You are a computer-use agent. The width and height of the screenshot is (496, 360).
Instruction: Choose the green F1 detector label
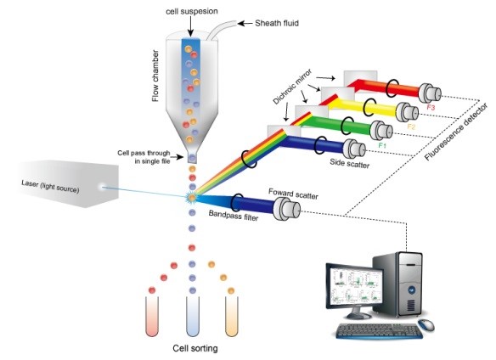pyautogui.click(x=384, y=146)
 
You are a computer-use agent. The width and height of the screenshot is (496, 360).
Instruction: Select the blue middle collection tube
pyautogui.click(x=192, y=313)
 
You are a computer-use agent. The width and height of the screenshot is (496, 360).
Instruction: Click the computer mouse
pyautogui.click(x=425, y=325)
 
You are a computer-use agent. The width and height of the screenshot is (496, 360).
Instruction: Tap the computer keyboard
pyautogui.click(x=371, y=329)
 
